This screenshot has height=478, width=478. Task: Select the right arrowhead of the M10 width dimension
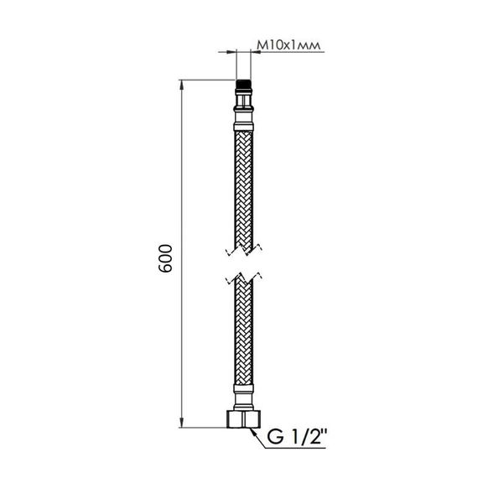click(x=251, y=52)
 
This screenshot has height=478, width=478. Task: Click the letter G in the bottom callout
click(x=273, y=438)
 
